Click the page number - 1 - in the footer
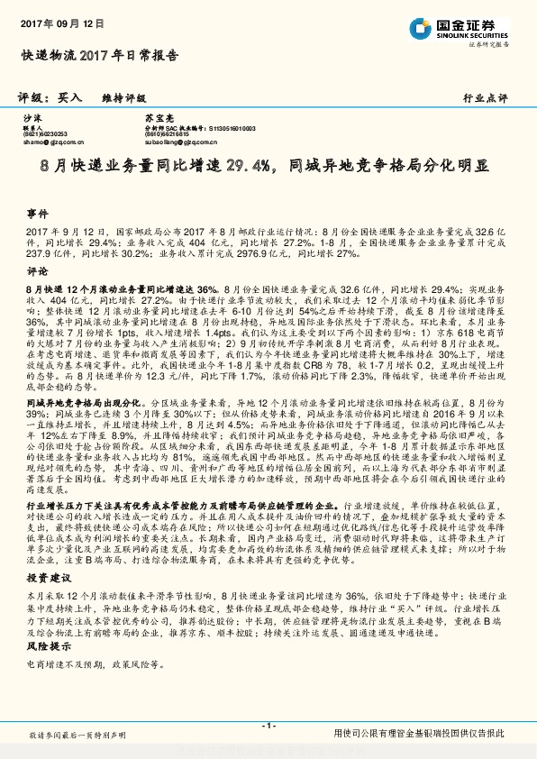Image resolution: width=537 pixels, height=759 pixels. point(268,726)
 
